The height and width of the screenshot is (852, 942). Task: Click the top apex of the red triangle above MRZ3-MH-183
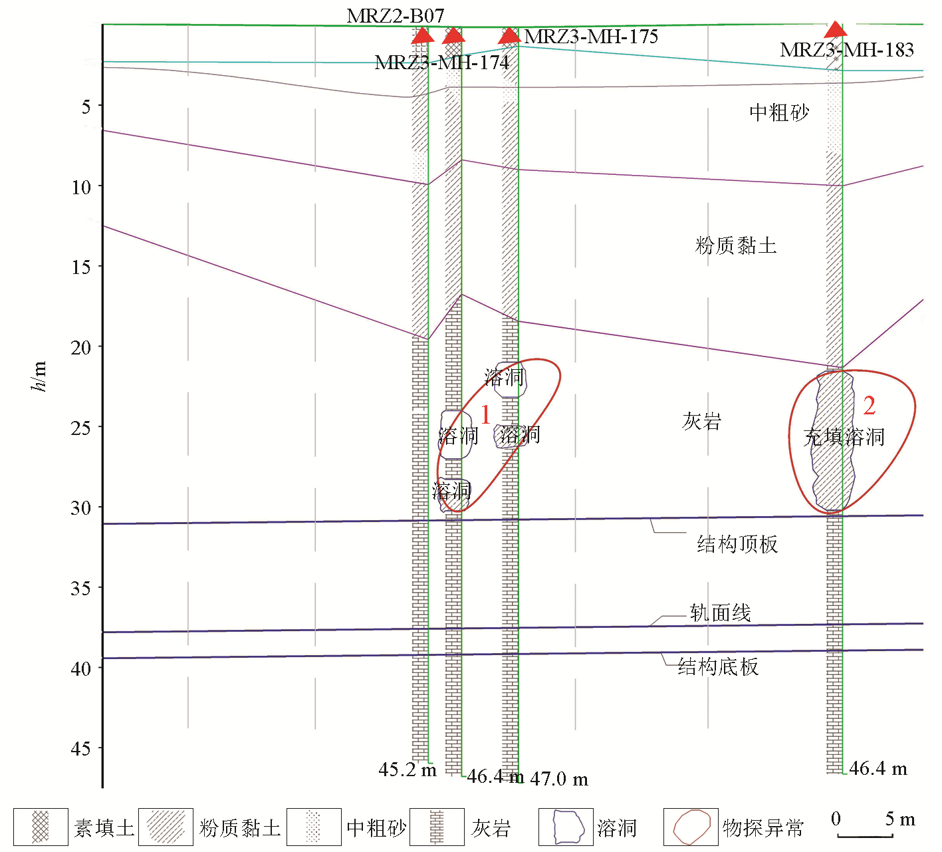(836, 21)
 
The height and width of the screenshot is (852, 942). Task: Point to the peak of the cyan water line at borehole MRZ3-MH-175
(519, 46)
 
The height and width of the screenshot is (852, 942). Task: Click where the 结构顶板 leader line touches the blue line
(650, 519)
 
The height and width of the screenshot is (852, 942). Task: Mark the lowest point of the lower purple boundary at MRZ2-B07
(428, 339)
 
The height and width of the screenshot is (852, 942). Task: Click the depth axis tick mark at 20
(100, 347)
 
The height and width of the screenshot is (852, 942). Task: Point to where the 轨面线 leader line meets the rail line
(650, 626)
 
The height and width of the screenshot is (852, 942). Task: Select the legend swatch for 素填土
(41, 827)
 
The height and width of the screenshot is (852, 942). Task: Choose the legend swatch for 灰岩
(437, 827)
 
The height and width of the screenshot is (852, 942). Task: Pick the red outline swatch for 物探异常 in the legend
(691, 827)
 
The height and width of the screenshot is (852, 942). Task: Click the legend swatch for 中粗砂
(313, 827)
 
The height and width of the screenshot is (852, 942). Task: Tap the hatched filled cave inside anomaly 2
(834, 441)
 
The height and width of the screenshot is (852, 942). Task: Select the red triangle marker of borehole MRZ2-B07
(423, 35)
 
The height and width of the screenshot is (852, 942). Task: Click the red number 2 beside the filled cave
(870, 405)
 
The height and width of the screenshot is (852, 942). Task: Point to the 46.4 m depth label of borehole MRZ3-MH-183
(878, 769)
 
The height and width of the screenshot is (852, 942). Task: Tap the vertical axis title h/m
(38, 376)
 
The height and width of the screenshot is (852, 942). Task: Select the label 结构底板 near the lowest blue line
(718, 666)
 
